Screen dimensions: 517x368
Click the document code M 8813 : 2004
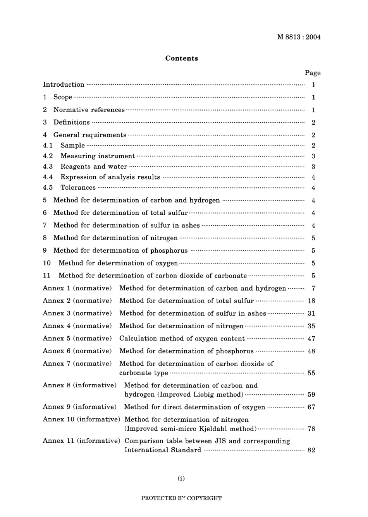[x=299, y=37]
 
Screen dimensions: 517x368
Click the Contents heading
[x=182, y=58]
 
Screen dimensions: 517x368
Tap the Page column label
[x=313, y=73]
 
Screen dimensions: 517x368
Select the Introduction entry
[x=64, y=84]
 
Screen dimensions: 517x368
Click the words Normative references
[x=89, y=110]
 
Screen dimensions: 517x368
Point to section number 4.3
[x=48, y=166]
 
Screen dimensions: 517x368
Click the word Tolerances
[x=78, y=188]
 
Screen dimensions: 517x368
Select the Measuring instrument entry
[x=98, y=156]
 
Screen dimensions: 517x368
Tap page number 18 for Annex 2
[x=311, y=301]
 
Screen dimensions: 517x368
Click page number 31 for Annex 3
[x=311, y=313]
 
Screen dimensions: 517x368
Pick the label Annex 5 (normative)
[x=77, y=338]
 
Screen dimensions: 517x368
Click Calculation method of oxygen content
[x=182, y=339]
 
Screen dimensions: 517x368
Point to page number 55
[x=311, y=373]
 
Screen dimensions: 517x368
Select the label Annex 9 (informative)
[x=79, y=407]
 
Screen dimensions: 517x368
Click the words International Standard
[x=163, y=450]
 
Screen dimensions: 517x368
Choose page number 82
[x=311, y=450]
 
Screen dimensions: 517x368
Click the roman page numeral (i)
[x=181, y=478]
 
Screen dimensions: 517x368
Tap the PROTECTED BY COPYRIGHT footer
[x=181, y=498]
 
